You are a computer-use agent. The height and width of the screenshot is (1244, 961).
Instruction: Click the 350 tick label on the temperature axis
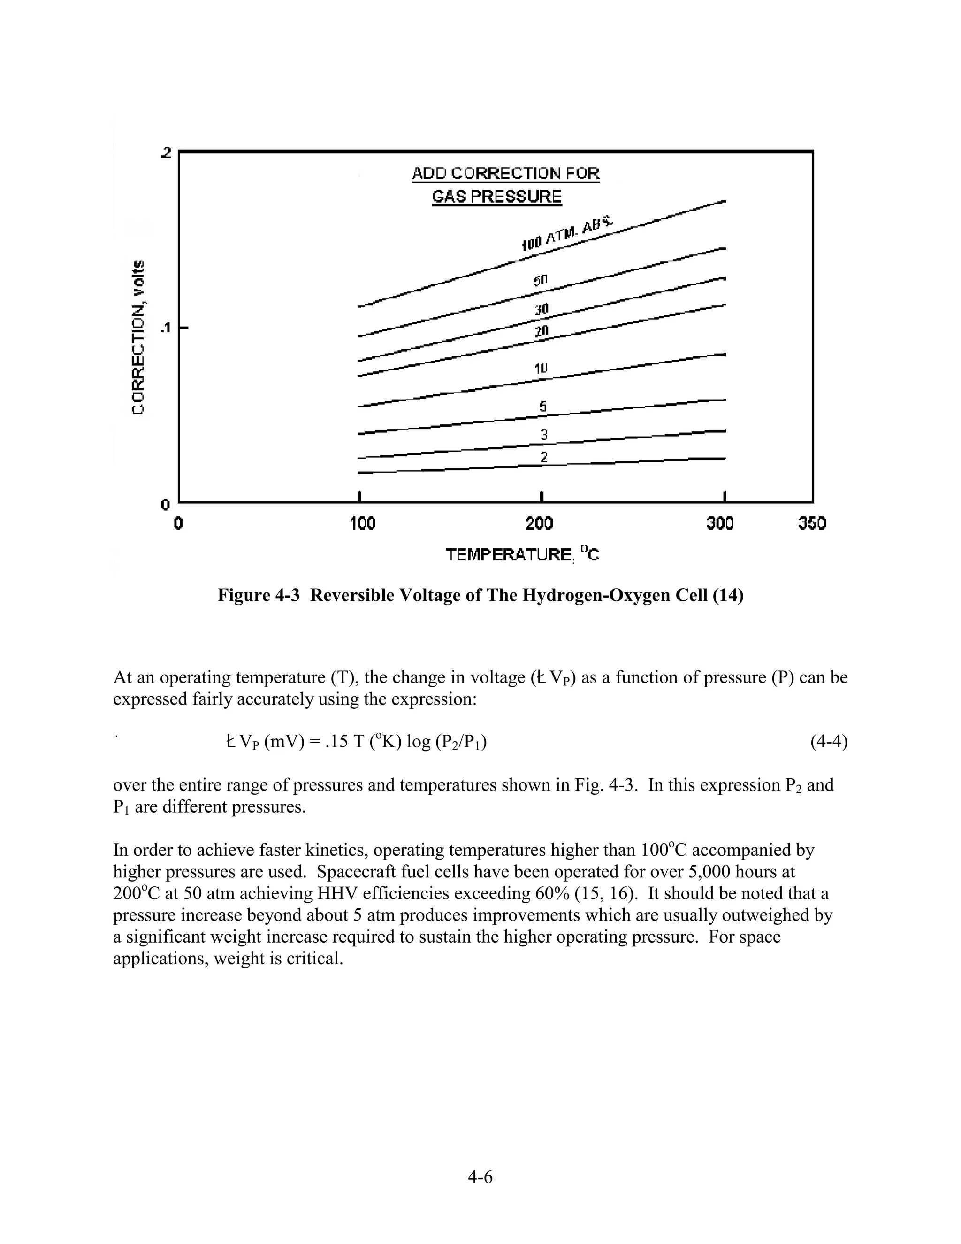pos(811,523)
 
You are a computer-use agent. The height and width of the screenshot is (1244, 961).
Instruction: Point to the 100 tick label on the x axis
pos(363,523)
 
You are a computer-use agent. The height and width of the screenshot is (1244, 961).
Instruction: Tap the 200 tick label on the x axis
pos(539,523)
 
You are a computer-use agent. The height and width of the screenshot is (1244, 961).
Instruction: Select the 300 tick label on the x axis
pos(720,523)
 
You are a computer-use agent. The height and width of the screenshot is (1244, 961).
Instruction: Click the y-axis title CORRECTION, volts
pos(138,337)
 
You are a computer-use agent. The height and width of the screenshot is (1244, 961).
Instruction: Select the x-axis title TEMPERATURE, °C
pos(522,554)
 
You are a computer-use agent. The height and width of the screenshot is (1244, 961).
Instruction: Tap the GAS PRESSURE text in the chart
pos(496,197)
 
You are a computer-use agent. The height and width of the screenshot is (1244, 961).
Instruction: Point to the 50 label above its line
pos(540,281)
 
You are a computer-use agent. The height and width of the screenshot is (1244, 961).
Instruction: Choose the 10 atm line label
pos(540,368)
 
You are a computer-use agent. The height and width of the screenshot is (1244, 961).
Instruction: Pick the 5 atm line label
pos(543,406)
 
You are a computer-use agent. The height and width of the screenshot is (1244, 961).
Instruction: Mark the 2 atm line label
pos(544,457)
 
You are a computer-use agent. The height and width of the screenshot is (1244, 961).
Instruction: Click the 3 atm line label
pos(544,435)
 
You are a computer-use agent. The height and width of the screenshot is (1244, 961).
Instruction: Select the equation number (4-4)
pos(828,742)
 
